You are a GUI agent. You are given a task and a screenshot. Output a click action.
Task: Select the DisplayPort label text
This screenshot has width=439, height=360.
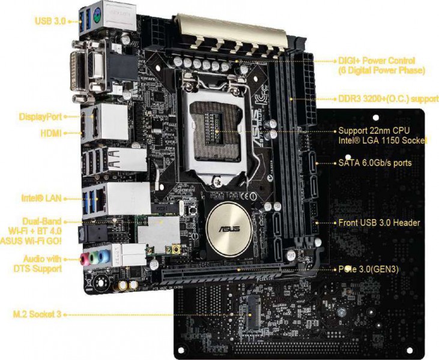click(40, 116)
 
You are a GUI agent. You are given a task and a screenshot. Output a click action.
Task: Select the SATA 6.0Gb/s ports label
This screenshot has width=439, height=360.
click(375, 163)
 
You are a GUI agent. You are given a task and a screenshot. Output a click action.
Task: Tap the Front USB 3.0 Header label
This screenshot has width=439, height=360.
click(379, 223)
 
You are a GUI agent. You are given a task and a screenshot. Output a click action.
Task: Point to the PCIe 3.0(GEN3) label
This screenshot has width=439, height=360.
click(369, 269)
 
